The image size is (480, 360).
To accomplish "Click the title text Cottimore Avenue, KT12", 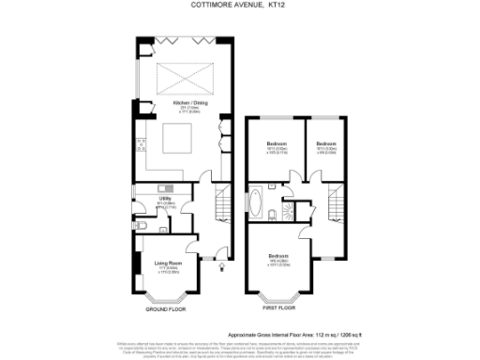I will click(240, 7).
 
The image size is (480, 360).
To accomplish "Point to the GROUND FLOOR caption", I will click(166, 308).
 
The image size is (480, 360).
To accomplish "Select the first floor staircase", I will click(336, 200).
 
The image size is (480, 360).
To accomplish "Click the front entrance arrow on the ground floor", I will click(220, 265).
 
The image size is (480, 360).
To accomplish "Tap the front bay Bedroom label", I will click(279, 256).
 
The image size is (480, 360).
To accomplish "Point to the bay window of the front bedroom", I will click(279, 298).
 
